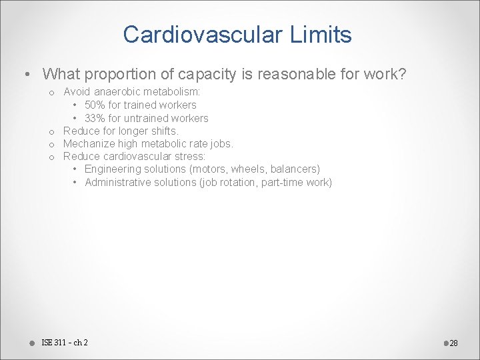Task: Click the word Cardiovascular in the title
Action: (200, 34)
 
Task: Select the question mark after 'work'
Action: (402, 74)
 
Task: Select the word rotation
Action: (239, 182)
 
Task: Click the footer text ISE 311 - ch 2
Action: (65, 343)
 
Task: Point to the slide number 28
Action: (453, 343)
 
